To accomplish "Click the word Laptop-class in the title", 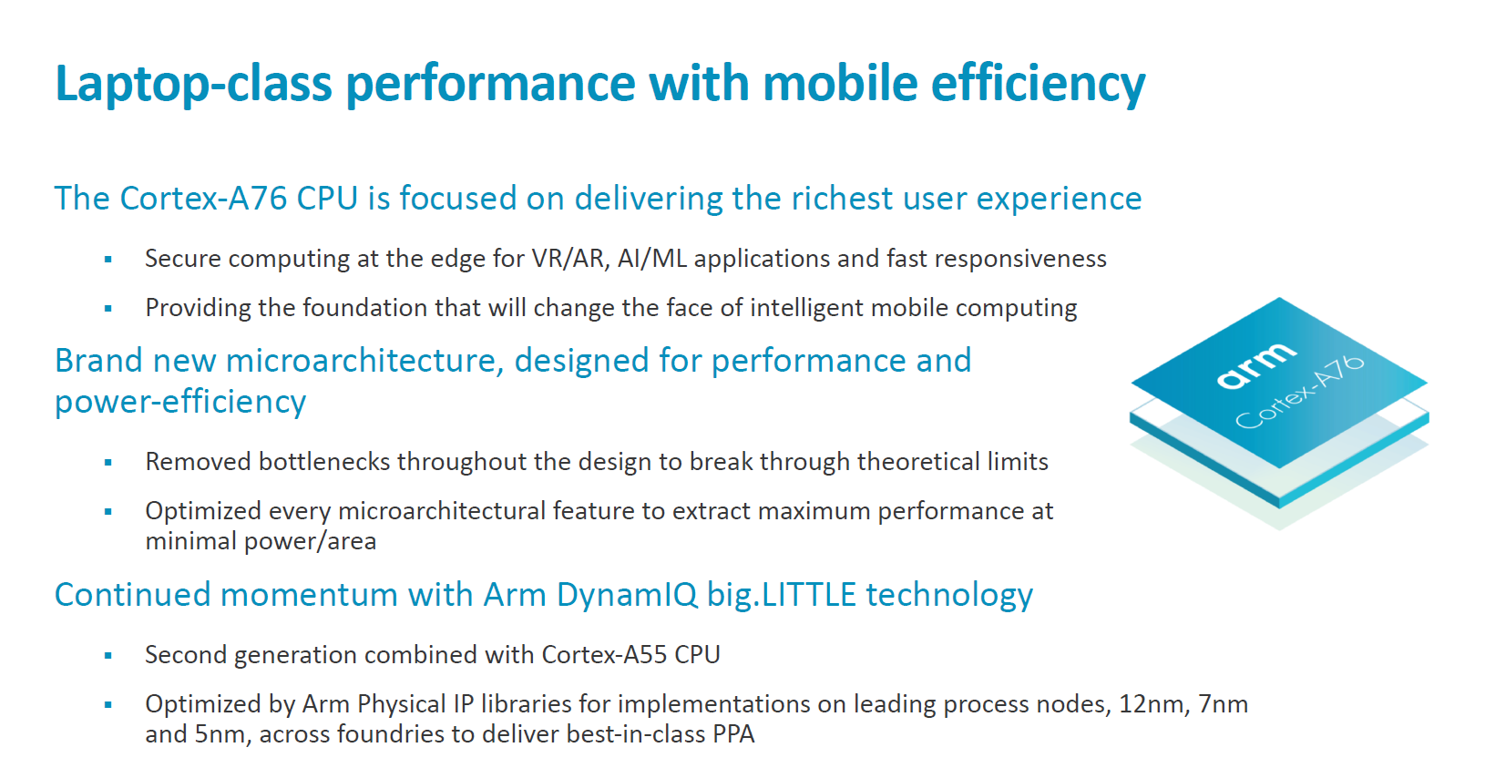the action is tap(193, 84).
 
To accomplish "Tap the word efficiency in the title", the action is tap(1039, 84).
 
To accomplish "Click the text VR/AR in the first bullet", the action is tap(571, 259).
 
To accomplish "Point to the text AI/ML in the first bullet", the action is tap(652, 259).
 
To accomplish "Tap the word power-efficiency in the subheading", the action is tap(180, 402).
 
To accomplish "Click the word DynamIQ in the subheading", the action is tap(627, 595).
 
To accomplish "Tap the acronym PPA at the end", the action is tap(734, 735).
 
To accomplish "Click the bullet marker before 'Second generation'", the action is tap(108, 656).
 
